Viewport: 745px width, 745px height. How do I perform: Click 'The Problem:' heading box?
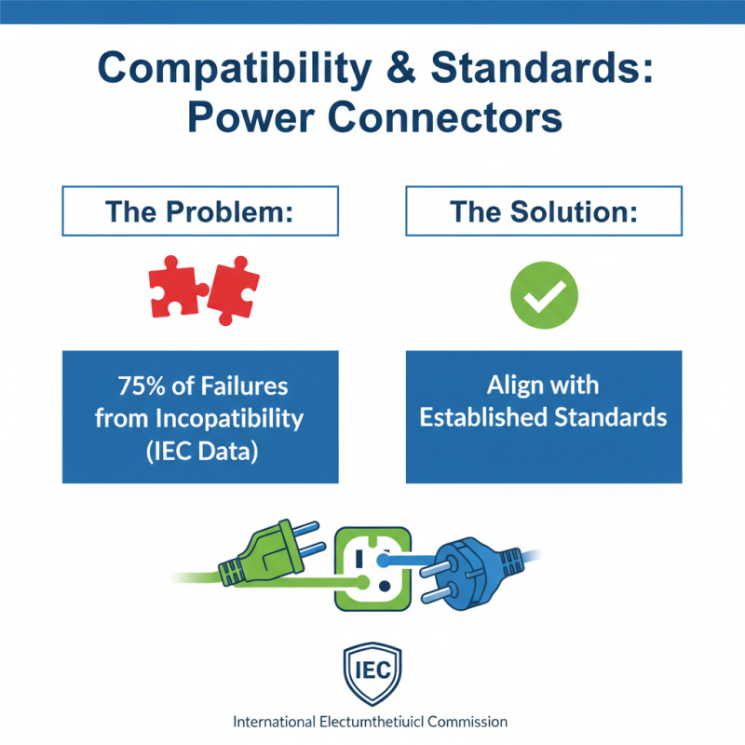coord(200,210)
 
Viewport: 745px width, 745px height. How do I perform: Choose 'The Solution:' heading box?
coord(544,210)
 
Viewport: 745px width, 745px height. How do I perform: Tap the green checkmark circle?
coord(544,294)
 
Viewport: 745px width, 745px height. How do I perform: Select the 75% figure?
coord(143,385)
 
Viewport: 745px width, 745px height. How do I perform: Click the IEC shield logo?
coord(372,668)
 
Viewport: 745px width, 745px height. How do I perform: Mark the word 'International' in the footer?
coord(276,722)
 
